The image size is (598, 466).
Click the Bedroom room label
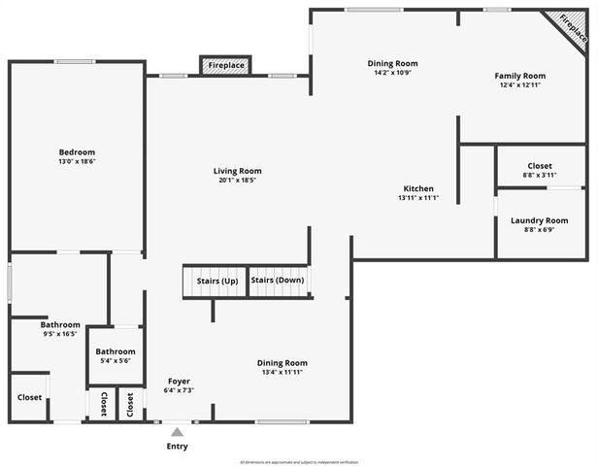coord(77,152)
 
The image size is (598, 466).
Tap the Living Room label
coord(238,171)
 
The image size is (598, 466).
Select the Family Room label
coord(520,76)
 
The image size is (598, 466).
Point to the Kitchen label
coord(418,188)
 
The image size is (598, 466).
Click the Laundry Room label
coord(540,220)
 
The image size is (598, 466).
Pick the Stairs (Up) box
coord(216,282)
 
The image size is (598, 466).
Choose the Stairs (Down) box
coord(278,282)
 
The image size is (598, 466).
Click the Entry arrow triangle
coord(177,431)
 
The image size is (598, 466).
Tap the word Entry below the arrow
coord(177,447)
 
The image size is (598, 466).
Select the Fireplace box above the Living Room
coord(225,66)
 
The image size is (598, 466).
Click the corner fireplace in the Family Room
coord(571,29)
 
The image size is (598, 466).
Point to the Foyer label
coord(179,381)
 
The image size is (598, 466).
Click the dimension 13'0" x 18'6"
coord(77,163)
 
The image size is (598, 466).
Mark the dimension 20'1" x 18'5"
coord(238,181)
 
